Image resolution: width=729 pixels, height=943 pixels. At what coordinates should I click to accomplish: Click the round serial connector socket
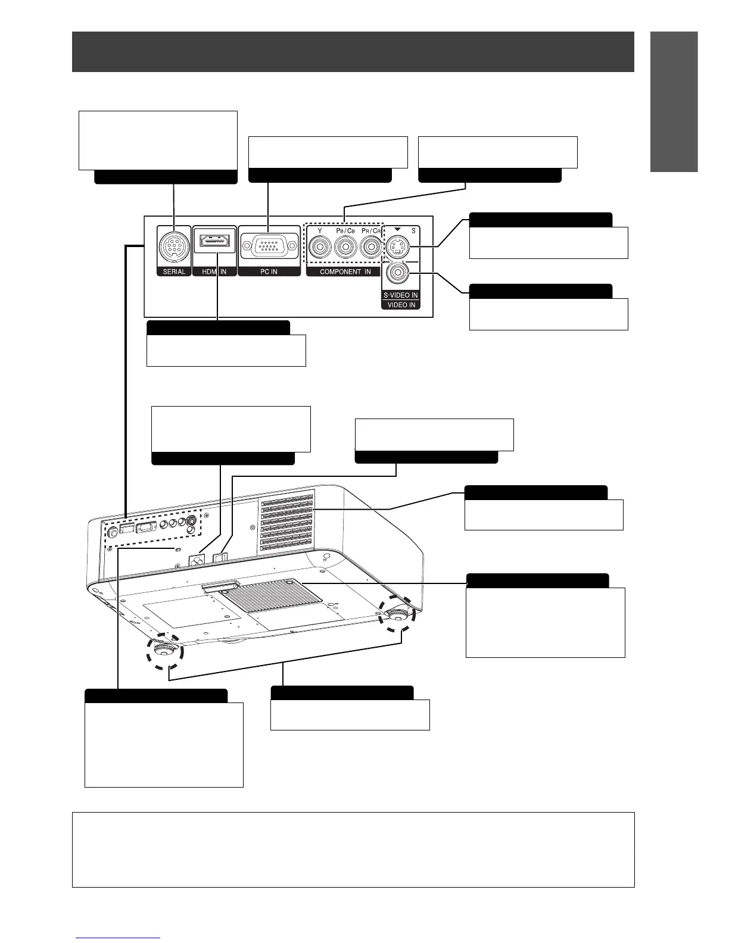[174, 245]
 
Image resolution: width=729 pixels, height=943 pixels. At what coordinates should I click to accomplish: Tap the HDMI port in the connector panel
[215, 242]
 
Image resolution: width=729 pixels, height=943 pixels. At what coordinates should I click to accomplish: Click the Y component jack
[320, 246]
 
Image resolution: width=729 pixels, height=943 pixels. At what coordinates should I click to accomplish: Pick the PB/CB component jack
[345, 246]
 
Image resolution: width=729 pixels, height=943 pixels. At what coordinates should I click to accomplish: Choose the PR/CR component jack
[371, 246]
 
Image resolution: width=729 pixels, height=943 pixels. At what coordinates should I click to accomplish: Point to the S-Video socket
[397, 246]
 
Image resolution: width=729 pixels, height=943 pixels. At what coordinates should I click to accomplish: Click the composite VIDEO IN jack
[397, 273]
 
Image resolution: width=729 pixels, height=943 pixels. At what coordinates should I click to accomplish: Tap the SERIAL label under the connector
[174, 271]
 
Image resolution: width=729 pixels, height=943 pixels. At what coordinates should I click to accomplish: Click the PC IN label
[269, 271]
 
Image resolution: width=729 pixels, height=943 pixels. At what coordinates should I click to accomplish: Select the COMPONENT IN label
[345, 271]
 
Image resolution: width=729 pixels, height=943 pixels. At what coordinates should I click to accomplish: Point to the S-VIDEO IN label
[401, 295]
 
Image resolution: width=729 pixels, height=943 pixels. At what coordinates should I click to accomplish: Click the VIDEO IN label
[401, 305]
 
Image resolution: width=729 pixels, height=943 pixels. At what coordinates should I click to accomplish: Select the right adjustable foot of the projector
[396, 614]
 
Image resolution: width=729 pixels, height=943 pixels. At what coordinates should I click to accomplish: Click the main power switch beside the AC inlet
[219, 556]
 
